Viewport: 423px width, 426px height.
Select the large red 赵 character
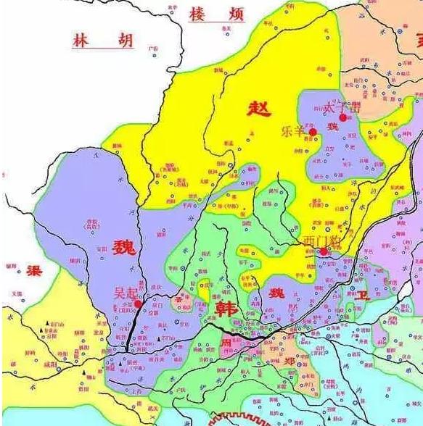[258, 109]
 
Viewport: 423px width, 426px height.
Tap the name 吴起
[126, 293]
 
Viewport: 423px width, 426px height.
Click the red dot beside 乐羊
[313, 132]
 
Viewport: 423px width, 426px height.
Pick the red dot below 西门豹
[323, 251]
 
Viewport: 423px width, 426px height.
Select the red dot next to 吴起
[139, 304]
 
